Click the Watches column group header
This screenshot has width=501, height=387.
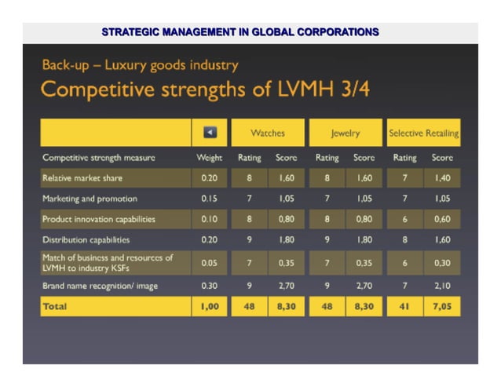coord(267,133)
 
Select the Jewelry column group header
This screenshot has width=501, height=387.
coord(345,133)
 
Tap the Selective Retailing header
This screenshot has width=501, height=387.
coord(423,133)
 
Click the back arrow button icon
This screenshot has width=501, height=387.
coord(210,133)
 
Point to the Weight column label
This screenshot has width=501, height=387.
coord(209,157)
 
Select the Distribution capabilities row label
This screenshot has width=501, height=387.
coord(86,239)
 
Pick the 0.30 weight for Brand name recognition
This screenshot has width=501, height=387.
coord(209,286)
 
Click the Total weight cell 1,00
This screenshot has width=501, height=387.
coord(209,306)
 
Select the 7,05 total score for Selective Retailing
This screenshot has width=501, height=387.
coord(442,306)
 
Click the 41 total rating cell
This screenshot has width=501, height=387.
coord(404,306)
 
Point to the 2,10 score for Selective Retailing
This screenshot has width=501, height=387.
coord(442,286)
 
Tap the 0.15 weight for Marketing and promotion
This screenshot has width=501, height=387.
coord(209,199)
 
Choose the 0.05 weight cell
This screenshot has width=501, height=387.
coord(209,263)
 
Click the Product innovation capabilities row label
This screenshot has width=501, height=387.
coord(98,219)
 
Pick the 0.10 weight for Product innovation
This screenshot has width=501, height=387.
coord(209,219)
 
